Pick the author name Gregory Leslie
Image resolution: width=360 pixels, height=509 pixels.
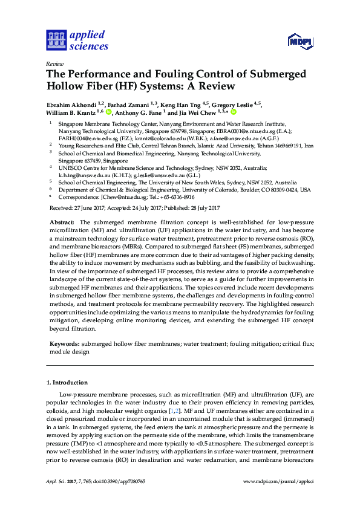coord(234,103)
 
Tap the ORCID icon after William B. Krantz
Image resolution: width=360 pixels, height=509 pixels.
coord(109,112)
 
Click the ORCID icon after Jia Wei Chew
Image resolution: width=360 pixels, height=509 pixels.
coord(234,112)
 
